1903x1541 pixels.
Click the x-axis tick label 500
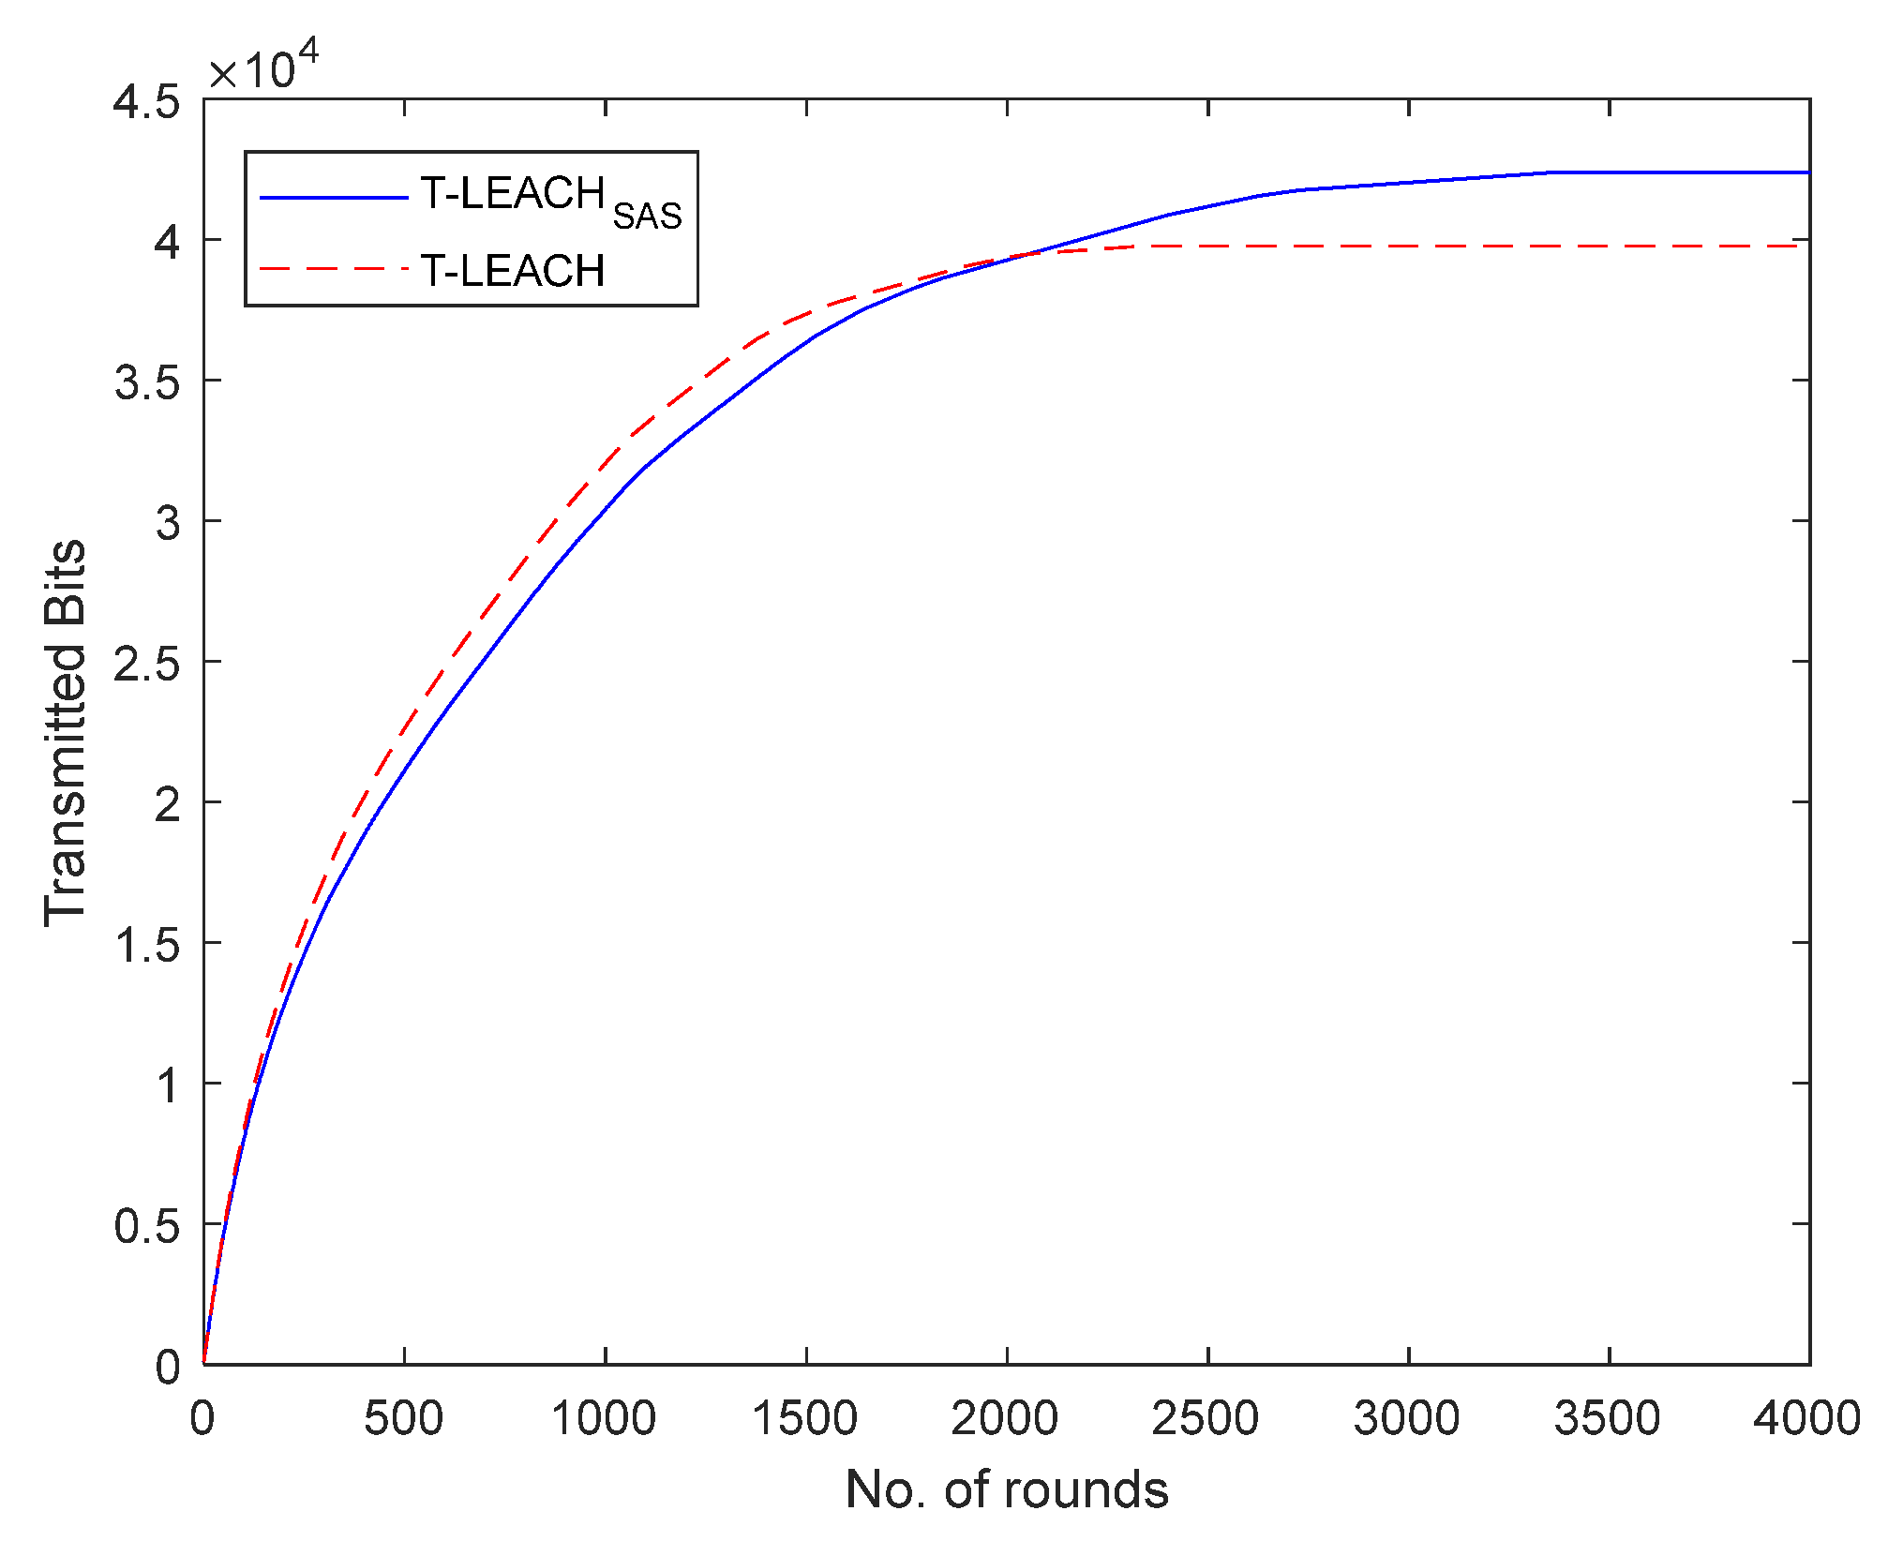click(403, 1418)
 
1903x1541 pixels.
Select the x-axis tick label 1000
click(603, 1418)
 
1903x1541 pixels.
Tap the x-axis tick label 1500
click(804, 1418)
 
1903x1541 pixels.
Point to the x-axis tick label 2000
click(1005, 1418)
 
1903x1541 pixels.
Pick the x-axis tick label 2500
click(1206, 1418)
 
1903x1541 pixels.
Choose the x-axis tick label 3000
click(1406, 1418)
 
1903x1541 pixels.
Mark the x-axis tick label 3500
click(1608, 1418)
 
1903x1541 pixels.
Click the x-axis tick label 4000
click(1807, 1418)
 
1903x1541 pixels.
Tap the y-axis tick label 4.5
click(146, 101)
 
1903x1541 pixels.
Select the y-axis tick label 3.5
click(146, 382)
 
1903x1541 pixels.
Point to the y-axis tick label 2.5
click(146, 664)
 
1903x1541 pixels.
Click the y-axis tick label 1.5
click(146, 945)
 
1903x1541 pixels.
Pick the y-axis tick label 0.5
click(146, 1226)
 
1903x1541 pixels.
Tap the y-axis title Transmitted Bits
click(66, 733)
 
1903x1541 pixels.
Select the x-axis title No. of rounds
click(1007, 1489)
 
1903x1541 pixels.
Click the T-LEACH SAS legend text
click(550, 199)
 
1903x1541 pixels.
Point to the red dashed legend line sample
click(333, 270)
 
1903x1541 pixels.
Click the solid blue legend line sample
click(333, 198)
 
